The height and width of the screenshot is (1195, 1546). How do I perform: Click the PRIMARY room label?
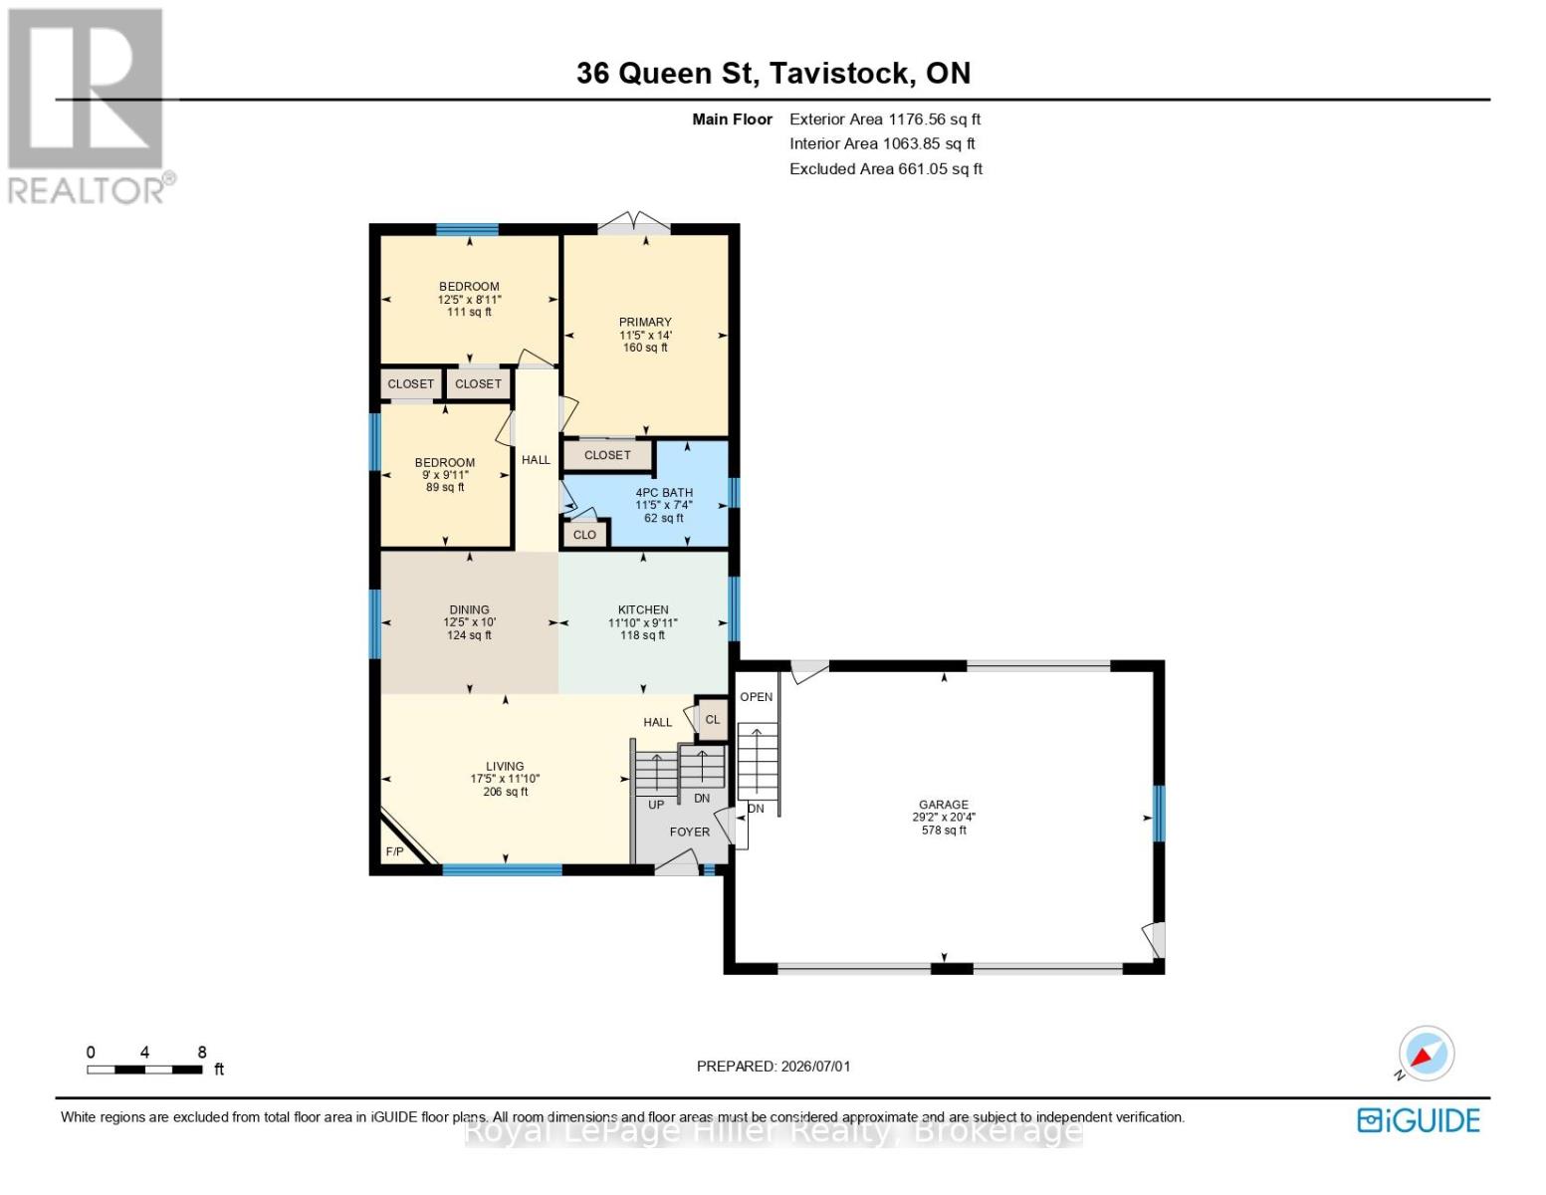click(645, 322)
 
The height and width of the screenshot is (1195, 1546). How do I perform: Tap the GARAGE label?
click(944, 805)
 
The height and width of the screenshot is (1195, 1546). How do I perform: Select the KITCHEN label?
click(642, 609)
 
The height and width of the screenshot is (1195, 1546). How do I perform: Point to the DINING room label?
click(469, 609)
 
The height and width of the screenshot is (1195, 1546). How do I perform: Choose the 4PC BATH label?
click(664, 492)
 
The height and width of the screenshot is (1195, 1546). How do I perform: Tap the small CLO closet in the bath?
click(584, 534)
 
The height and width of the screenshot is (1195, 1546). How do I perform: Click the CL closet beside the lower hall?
click(712, 720)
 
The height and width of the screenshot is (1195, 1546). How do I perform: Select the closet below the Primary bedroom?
click(607, 455)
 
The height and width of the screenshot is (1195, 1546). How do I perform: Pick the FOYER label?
click(690, 832)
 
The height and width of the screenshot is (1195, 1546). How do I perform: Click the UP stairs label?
click(655, 805)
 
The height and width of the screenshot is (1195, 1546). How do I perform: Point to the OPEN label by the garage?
click(756, 697)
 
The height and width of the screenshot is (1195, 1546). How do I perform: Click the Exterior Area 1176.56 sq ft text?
click(885, 119)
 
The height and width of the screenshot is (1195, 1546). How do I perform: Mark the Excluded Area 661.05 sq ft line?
click(886, 168)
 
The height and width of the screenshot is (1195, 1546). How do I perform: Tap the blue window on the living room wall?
click(503, 869)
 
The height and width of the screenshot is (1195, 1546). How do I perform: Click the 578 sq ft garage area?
click(944, 830)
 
